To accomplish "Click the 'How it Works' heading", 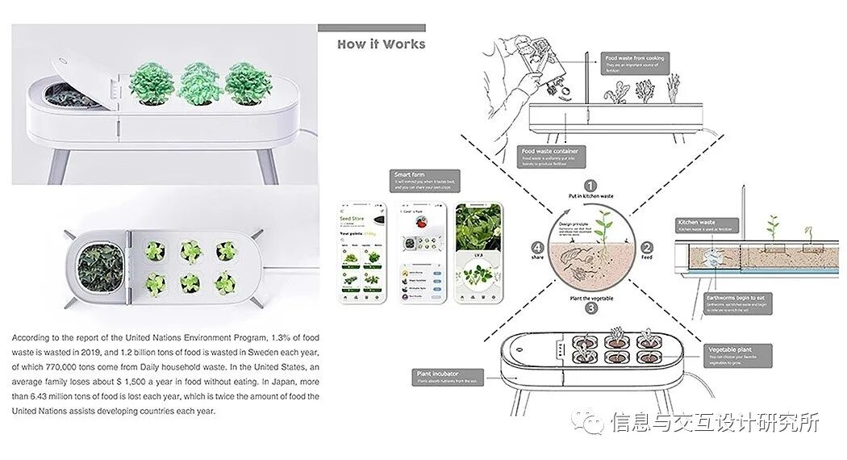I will tap(381, 44).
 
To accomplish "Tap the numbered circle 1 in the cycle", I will tap(590, 186).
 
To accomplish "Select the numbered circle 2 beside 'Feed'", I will tap(646, 247).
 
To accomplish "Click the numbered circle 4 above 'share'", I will tap(536, 247).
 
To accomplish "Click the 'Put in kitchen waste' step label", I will tap(590, 198).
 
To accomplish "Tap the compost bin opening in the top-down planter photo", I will tap(102, 270).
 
